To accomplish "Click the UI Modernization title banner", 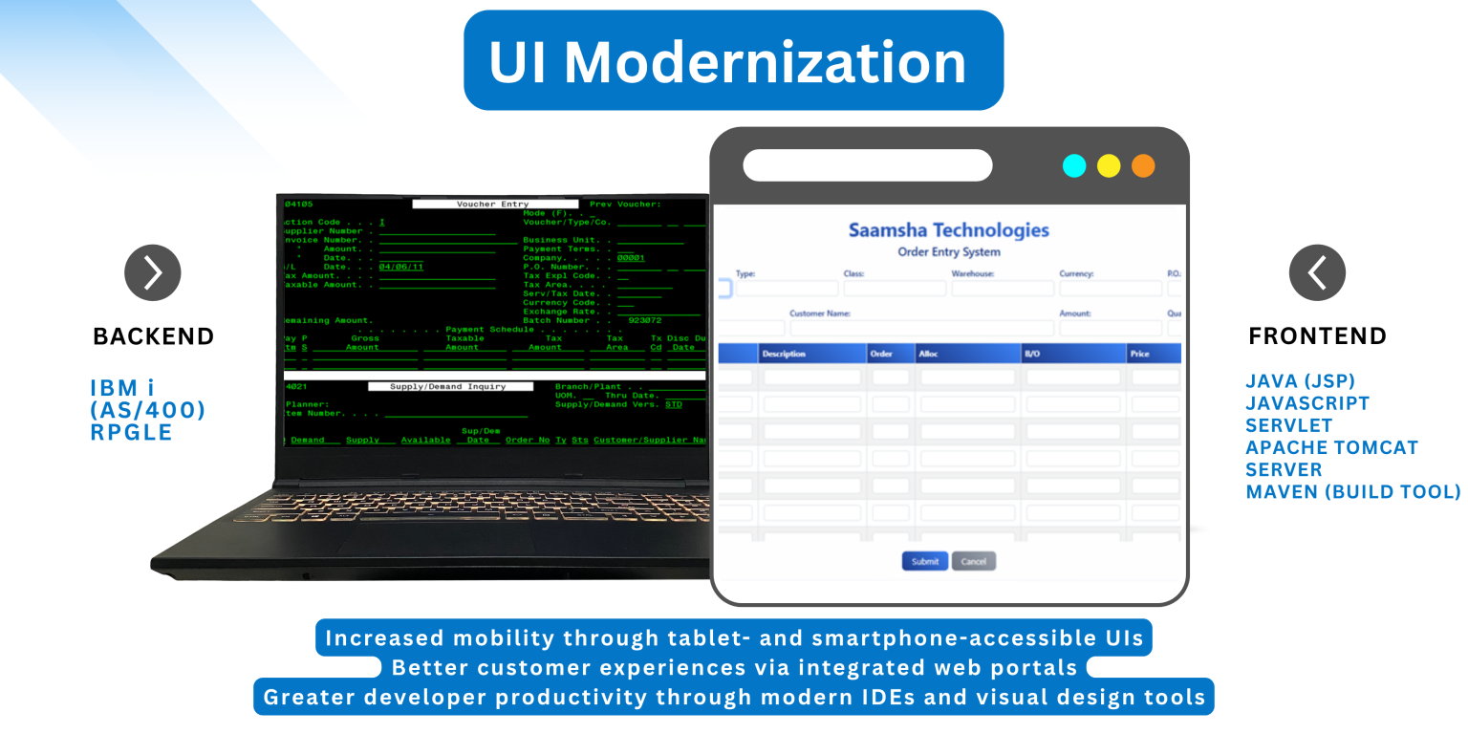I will point(733,60).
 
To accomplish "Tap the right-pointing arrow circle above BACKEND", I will point(153,272).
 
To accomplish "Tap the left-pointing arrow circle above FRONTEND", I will point(1317,272).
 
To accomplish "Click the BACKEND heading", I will point(153,336).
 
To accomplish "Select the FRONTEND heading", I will point(1317,336).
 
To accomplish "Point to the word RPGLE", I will point(131,432).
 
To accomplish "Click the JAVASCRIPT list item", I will point(1306,403).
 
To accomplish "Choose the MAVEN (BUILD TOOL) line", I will point(1352,492).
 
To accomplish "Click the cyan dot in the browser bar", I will point(1074,165).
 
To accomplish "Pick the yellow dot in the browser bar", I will point(1109,165).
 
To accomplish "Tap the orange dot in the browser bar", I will point(1143,165).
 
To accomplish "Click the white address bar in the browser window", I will point(867,165).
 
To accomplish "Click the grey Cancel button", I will point(973,561).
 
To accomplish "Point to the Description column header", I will point(784,354).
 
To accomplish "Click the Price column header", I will point(1139,354).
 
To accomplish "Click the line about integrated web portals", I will point(733,667).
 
